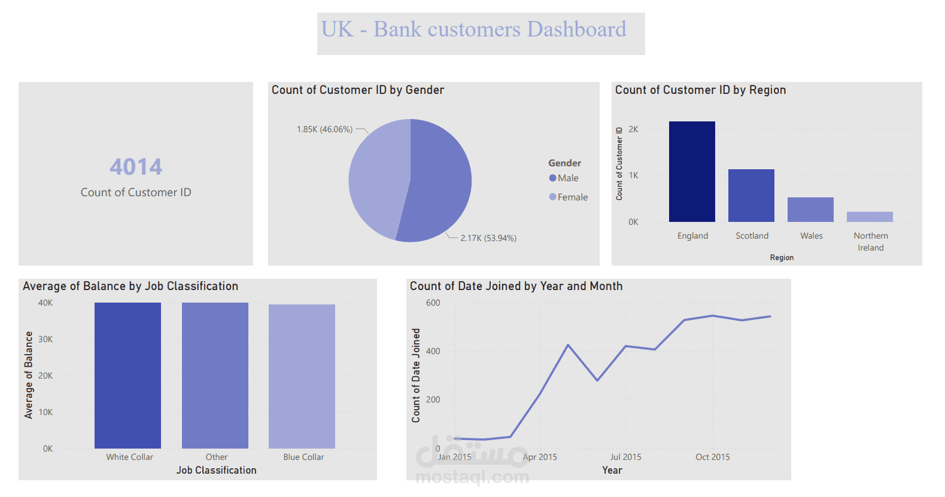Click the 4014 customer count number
pyautogui.click(x=136, y=167)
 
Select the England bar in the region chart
pyautogui.click(x=692, y=172)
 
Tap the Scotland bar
pyautogui.click(x=751, y=196)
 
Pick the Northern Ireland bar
pyautogui.click(x=870, y=217)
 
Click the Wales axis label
pyautogui.click(x=811, y=236)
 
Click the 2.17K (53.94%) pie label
pyautogui.click(x=488, y=238)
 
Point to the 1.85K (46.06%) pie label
pyautogui.click(x=324, y=129)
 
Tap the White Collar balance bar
pyautogui.click(x=127, y=376)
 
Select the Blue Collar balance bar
pyautogui.click(x=302, y=377)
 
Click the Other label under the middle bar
pyautogui.click(x=216, y=457)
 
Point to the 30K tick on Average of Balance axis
pyautogui.click(x=45, y=339)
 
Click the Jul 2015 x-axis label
pyautogui.click(x=625, y=457)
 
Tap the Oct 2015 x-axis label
pyautogui.click(x=712, y=457)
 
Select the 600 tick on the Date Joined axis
pyautogui.click(x=433, y=303)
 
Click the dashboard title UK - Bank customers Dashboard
pyautogui.click(x=473, y=29)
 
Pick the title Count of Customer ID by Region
pyautogui.click(x=700, y=90)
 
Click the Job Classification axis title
pyautogui.click(x=216, y=470)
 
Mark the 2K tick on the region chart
pyautogui.click(x=633, y=129)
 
